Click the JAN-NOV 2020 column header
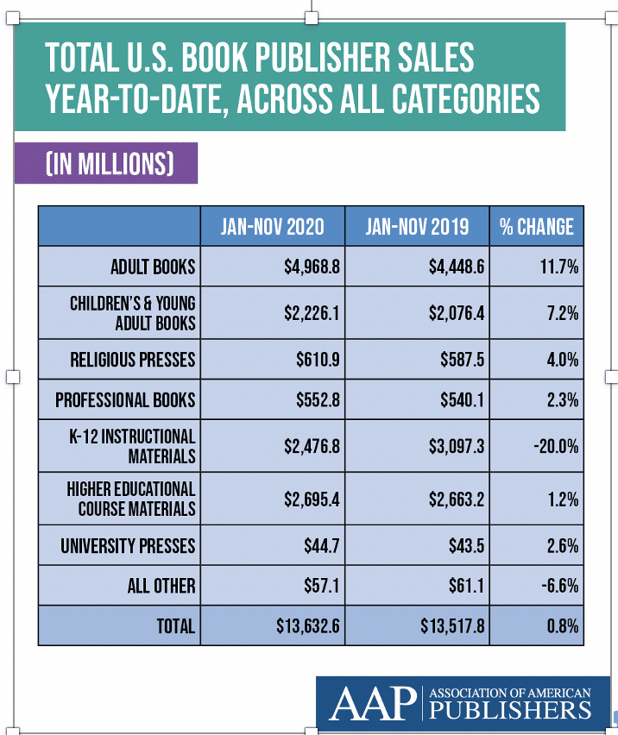click(272, 227)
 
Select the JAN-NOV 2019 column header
click(417, 227)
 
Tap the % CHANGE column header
click(536, 227)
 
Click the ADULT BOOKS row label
click(153, 267)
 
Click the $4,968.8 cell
click(313, 267)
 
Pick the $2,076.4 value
click(457, 313)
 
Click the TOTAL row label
click(175, 626)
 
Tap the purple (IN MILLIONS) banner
click(106, 164)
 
